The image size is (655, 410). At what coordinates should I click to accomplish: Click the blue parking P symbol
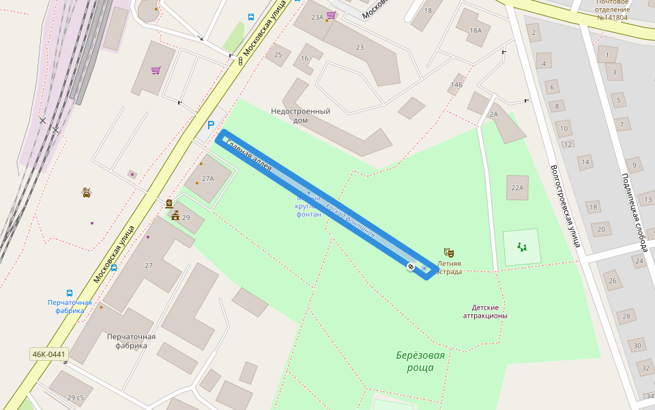pyautogui.click(x=211, y=125)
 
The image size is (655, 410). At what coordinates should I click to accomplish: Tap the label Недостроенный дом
pyautogui.click(x=300, y=115)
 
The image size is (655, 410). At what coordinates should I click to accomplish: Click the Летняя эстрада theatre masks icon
pyautogui.click(x=448, y=252)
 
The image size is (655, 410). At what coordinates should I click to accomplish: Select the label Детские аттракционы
pyautogui.click(x=485, y=312)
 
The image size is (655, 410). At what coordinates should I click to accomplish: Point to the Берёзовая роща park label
pyautogui.click(x=420, y=361)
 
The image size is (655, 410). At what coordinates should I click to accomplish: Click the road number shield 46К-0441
pyautogui.click(x=49, y=354)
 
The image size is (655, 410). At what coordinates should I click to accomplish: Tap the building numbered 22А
pyautogui.click(x=516, y=188)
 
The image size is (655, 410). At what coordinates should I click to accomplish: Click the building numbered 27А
pyautogui.click(x=207, y=178)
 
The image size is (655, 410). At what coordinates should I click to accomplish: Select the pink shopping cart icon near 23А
pyautogui.click(x=331, y=14)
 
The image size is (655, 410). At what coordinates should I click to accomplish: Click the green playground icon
pyautogui.click(x=522, y=247)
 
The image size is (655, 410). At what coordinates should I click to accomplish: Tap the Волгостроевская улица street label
pyautogui.click(x=565, y=205)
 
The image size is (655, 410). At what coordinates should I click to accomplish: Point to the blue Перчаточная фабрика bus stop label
pyautogui.click(x=70, y=306)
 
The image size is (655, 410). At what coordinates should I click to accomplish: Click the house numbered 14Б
pyautogui.click(x=456, y=85)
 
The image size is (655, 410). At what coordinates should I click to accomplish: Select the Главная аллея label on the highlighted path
pyautogui.click(x=249, y=155)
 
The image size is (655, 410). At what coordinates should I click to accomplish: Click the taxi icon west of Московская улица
pyautogui.click(x=87, y=193)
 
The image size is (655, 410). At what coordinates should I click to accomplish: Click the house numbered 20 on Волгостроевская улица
pyautogui.click(x=600, y=230)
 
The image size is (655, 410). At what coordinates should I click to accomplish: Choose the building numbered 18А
pyautogui.click(x=476, y=30)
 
